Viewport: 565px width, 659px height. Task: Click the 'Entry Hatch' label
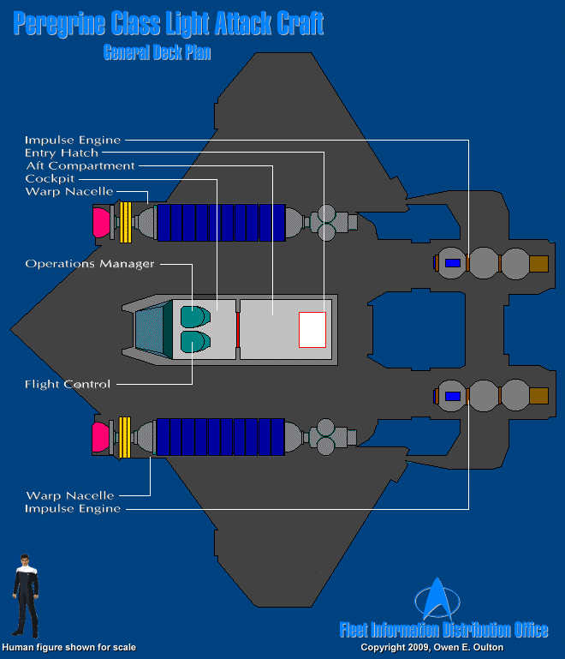tap(62, 153)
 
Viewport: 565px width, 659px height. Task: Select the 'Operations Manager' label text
tap(90, 264)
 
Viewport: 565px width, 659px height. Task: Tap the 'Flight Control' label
tap(68, 384)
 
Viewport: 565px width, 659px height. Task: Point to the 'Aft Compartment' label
tap(80, 165)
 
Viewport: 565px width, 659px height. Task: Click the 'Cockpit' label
tap(50, 178)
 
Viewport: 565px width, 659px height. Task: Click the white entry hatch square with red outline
tap(312, 329)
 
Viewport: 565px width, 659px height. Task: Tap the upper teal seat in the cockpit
tap(193, 317)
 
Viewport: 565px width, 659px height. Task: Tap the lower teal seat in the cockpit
tap(193, 342)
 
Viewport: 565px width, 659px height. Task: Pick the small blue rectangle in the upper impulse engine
tap(453, 263)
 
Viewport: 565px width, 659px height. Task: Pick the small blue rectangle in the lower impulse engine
tap(453, 396)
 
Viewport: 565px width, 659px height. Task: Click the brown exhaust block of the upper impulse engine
tap(538, 263)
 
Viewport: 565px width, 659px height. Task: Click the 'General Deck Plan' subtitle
tap(157, 52)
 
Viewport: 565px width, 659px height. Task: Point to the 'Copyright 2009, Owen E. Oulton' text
tap(431, 648)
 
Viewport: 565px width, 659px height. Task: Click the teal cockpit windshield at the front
tap(149, 329)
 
